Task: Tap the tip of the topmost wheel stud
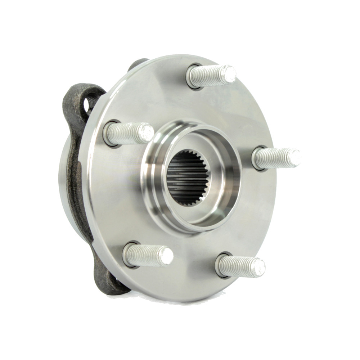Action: (229, 73)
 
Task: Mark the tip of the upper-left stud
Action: (147, 132)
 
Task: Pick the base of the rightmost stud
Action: (258, 159)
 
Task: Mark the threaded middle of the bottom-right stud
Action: (239, 266)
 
